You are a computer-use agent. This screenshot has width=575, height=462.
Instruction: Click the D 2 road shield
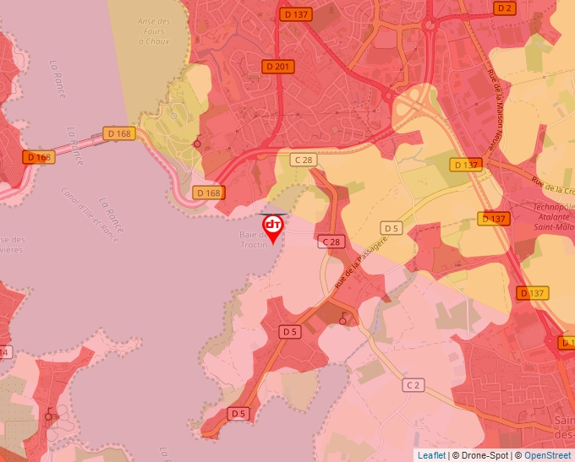click(x=505, y=8)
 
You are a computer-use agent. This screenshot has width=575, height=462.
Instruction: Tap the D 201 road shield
click(x=278, y=67)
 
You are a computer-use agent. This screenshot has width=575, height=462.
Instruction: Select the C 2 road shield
click(x=413, y=385)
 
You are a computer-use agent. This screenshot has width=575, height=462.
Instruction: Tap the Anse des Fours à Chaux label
click(x=152, y=30)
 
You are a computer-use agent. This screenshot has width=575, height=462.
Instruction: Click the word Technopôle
click(x=555, y=207)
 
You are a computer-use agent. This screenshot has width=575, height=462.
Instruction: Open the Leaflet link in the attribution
click(x=431, y=455)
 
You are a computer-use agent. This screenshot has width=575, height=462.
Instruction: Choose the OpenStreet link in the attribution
click(x=548, y=455)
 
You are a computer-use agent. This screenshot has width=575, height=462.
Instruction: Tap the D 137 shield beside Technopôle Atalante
click(x=495, y=219)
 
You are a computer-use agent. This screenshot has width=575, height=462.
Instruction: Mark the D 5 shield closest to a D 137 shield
click(x=391, y=228)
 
